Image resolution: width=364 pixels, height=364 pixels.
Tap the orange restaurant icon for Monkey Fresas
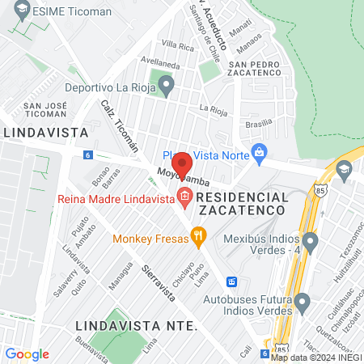click(197, 237)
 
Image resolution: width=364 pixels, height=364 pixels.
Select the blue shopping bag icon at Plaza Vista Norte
click(259, 151)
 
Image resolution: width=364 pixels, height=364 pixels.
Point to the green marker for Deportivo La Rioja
click(166, 83)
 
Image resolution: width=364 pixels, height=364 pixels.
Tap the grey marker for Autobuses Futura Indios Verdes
click(303, 304)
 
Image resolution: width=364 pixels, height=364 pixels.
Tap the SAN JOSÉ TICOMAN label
click(45, 110)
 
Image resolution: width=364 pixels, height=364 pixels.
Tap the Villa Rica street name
click(178, 46)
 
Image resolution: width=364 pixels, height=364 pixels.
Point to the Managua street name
click(121, 271)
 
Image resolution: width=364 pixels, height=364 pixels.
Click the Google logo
click(27, 354)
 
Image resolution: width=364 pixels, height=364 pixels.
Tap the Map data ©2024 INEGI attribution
click(315, 358)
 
